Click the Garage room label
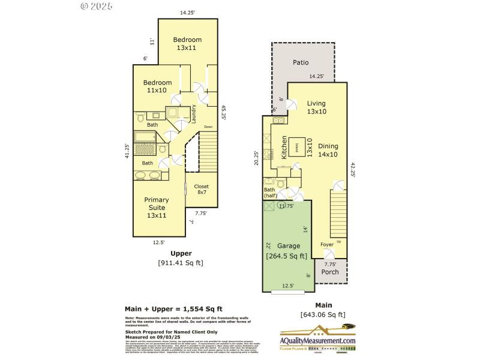(286, 245)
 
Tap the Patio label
(301, 62)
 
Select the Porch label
(329, 272)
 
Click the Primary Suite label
(156, 208)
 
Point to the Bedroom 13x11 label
(187, 43)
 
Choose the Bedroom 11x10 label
(157, 86)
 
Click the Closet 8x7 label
(201, 190)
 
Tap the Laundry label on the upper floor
(194, 114)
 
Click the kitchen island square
(296, 146)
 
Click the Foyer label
(326, 245)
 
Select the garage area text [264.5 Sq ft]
(286, 256)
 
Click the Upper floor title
(181, 253)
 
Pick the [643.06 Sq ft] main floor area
(322, 314)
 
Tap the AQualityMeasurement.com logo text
(318, 341)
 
